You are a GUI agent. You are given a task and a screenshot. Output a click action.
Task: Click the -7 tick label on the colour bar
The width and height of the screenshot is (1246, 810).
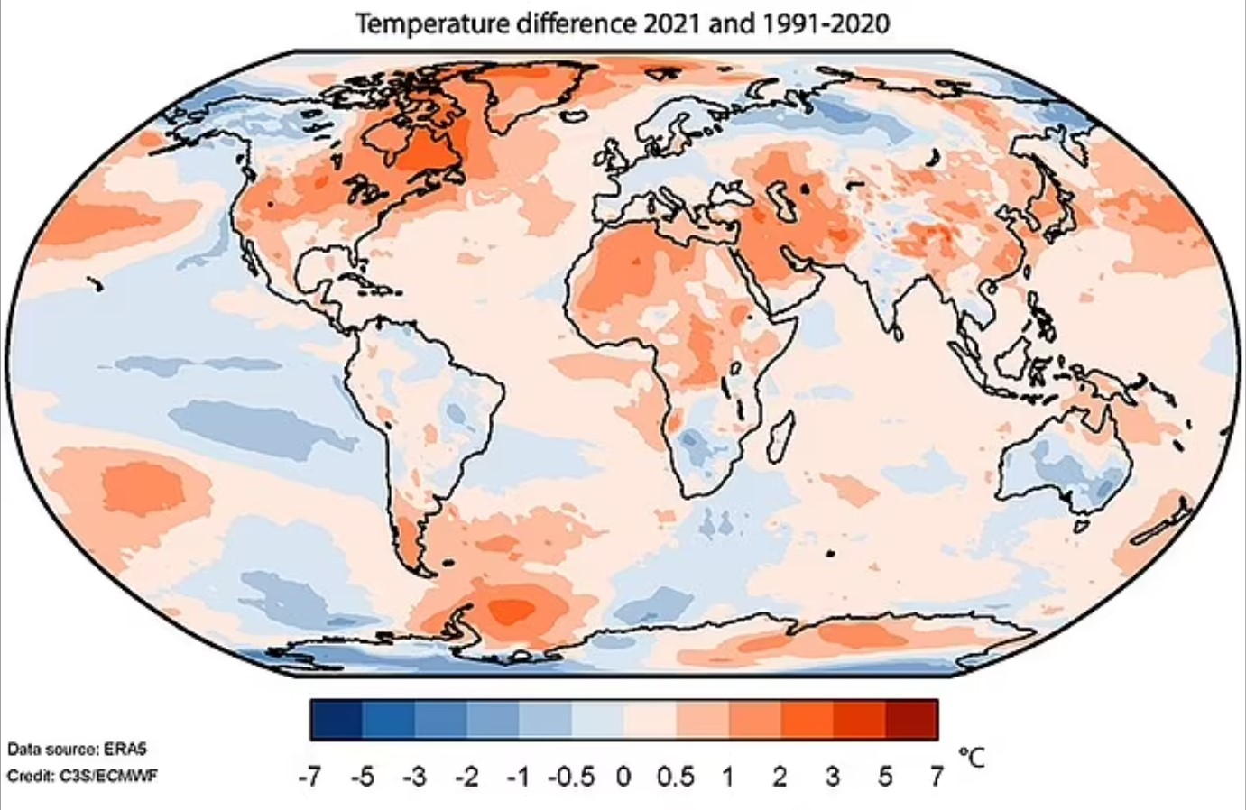pos(309,775)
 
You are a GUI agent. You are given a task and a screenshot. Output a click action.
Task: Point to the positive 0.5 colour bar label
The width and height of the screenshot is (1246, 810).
pos(675,775)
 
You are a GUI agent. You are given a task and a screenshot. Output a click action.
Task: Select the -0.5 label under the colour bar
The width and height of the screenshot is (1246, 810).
pos(571,775)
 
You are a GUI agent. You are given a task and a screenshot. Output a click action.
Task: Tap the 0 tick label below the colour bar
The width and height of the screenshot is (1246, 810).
pos(623,775)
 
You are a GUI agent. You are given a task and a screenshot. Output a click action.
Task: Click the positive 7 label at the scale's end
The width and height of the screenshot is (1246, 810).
pos(936,775)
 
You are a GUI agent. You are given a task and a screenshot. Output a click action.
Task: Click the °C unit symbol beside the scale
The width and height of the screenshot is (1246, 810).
pos(971,758)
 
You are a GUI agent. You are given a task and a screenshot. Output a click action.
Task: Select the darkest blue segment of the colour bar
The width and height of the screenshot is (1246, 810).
pos(336,719)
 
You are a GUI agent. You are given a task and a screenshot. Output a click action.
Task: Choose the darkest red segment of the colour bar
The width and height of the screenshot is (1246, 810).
pos(911,719)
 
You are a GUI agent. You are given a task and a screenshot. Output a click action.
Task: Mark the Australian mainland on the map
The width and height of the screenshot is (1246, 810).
pos(1065,460)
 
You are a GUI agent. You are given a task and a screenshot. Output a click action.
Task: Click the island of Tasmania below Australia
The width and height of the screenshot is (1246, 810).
pos(1082,524)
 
